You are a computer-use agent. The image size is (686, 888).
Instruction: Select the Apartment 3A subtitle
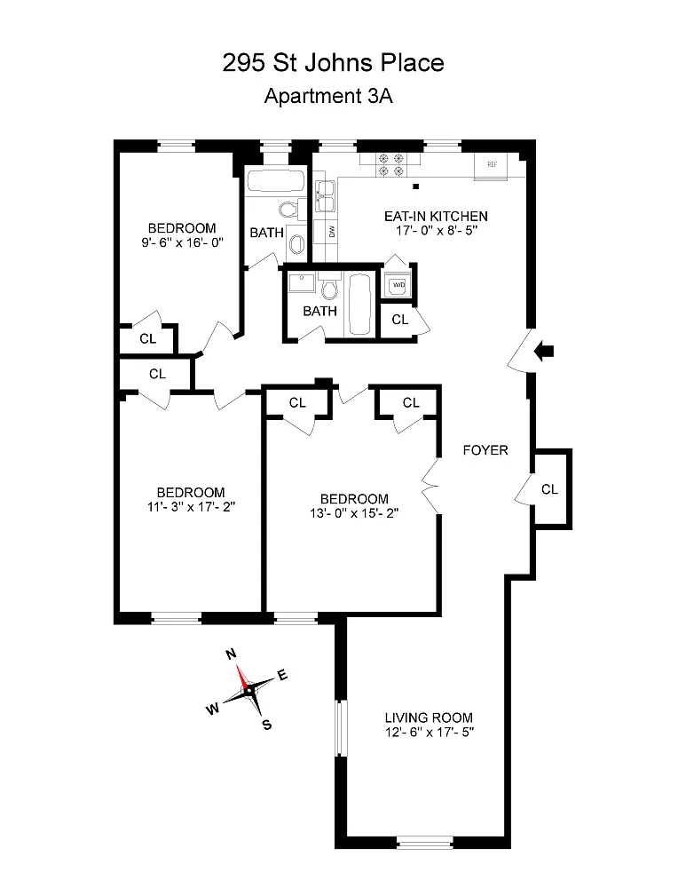click(328, 97)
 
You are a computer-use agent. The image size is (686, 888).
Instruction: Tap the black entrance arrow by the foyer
click(546, 353)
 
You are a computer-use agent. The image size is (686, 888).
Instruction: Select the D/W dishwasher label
click(332, 232)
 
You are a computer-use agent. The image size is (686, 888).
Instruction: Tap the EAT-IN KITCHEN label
click(436, 216)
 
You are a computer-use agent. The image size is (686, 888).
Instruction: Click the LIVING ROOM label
click(429, 718)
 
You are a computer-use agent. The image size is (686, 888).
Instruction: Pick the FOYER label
click(485, 450)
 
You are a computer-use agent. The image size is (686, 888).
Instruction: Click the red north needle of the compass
click(242, 676)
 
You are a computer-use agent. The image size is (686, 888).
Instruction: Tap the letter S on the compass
click(266, 724)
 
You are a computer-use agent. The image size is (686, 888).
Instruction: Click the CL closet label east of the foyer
click(549, 488)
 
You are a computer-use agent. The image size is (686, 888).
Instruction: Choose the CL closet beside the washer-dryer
click(399, 319)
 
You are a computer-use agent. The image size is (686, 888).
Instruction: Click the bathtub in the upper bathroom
click(275, 182)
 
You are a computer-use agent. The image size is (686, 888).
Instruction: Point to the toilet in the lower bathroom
click(330, 289)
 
